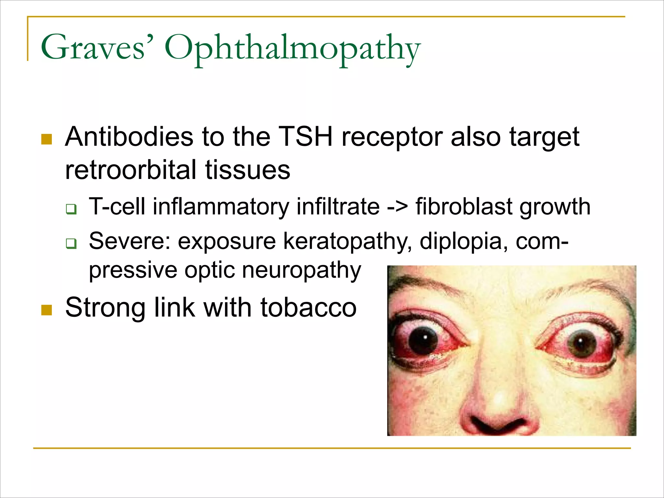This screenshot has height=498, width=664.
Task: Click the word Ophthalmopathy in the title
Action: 292,49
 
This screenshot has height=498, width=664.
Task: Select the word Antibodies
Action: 129,137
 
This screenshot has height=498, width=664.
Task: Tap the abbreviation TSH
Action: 305,137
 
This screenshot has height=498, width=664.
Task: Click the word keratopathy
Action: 347,242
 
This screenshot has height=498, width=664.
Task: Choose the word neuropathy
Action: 301,270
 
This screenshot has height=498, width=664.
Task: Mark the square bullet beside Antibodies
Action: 47,139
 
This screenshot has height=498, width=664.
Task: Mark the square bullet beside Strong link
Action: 47,310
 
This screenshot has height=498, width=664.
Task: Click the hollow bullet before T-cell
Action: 71,209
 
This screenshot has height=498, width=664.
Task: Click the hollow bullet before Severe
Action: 71,243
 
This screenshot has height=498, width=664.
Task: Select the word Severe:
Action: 130,241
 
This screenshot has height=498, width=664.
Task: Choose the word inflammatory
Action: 221,207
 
